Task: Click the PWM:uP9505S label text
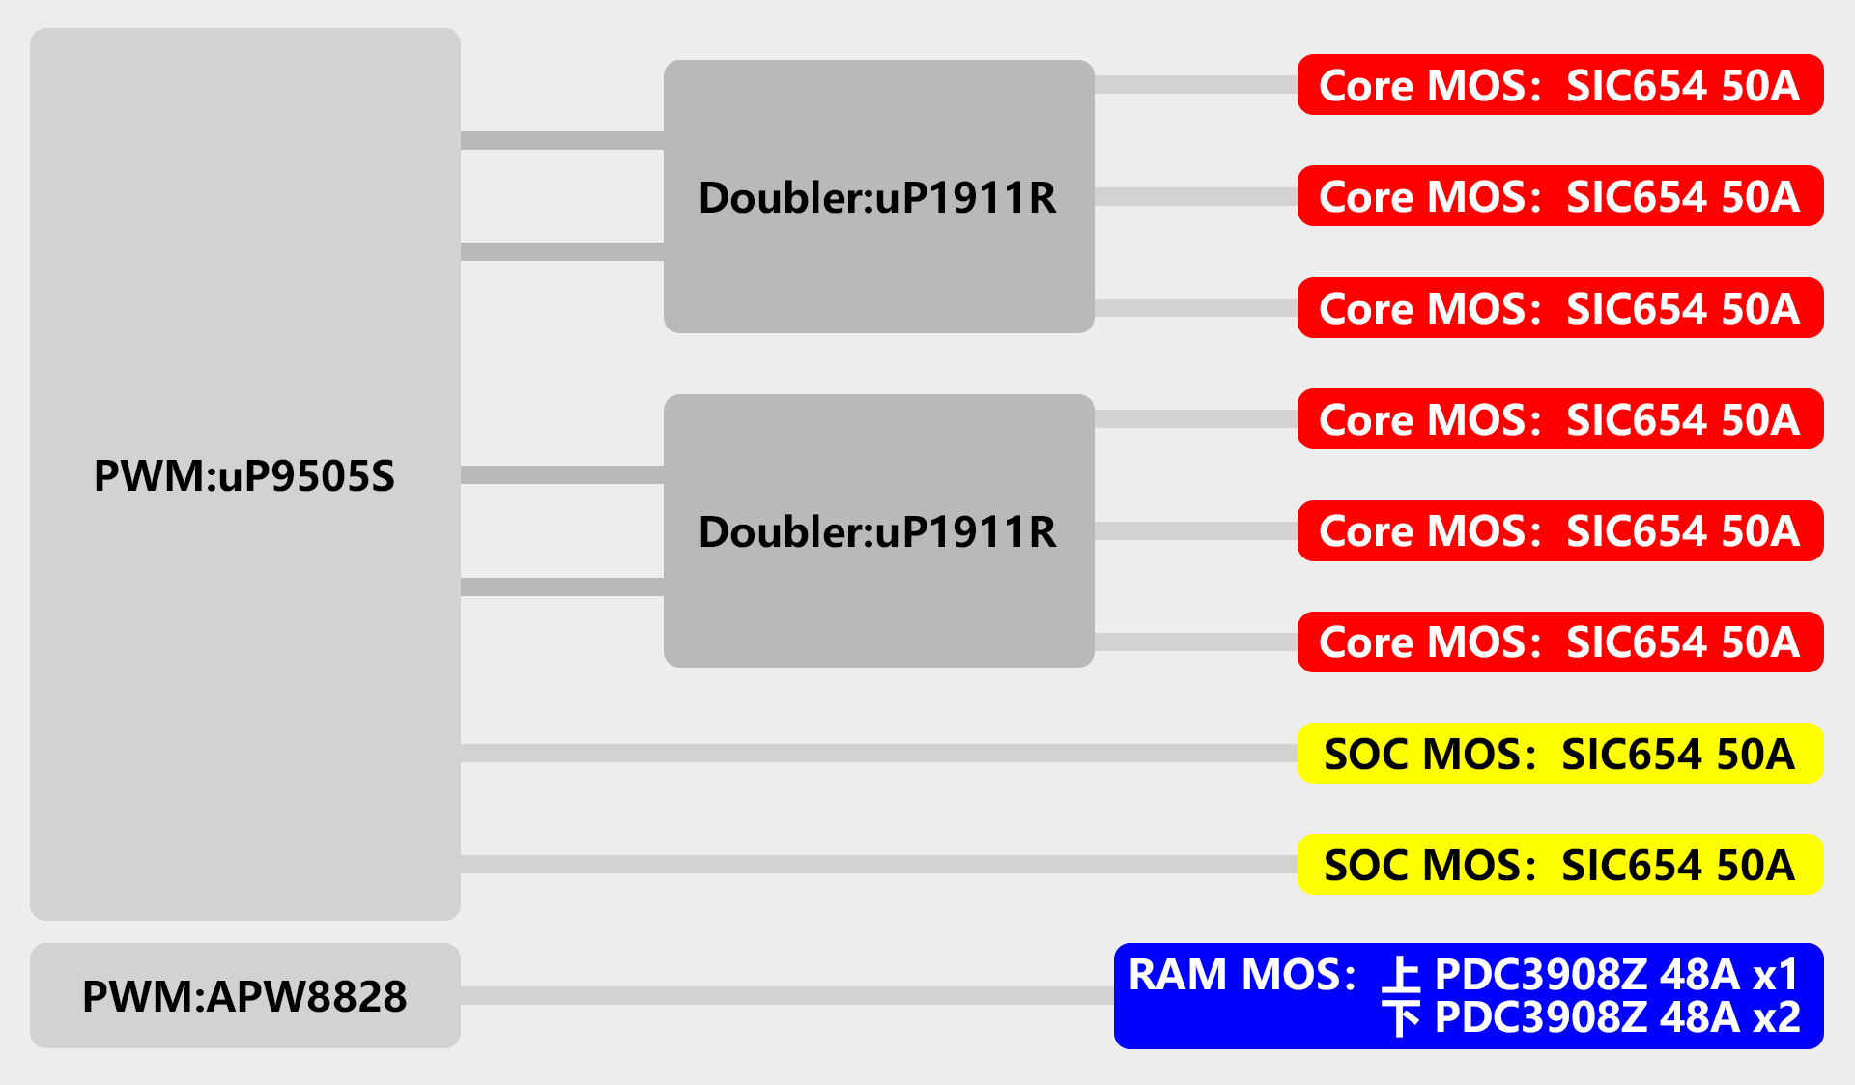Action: tap(244, 476)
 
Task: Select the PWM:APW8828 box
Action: tap(244, 996)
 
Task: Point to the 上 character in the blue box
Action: tap(1401, 975)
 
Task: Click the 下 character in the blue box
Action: tap(1401, 1017)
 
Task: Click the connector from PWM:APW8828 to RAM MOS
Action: tap(786, 995)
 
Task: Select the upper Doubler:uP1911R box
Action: tap(878, 197)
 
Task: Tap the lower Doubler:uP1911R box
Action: tap(878, 531)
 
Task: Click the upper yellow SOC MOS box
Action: tap(1559, 754)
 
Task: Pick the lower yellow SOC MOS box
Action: tap(1559, 865)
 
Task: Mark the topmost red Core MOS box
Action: tap(1559, 85)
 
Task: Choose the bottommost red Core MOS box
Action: tap(1559, 642)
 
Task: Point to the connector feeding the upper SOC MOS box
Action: tap(878, 753)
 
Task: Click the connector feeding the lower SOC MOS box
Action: tap(878, 864)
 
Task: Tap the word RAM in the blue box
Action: tap(1179, 975)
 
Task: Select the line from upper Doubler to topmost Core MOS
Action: tap(1195, 85)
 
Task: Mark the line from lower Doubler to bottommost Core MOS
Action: tap(1195, 642)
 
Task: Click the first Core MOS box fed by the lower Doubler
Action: tap(1559, 419)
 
